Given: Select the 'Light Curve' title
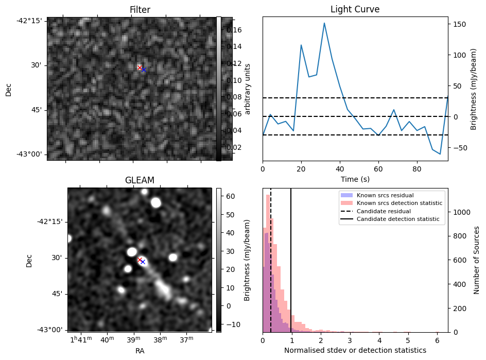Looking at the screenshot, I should (x=355, y=10).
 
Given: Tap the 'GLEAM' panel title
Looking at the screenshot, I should (x=140, y=180).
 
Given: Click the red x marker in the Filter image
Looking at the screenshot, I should (x=140, y=67).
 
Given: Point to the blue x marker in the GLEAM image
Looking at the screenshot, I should (x=143, y=262).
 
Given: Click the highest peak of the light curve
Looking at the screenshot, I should (x=324, y=23).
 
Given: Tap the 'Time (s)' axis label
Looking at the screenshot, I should (x=355, y=179).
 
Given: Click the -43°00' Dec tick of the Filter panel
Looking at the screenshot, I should (x=32, y=155).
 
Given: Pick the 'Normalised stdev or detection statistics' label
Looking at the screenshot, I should (x=355, y=350).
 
